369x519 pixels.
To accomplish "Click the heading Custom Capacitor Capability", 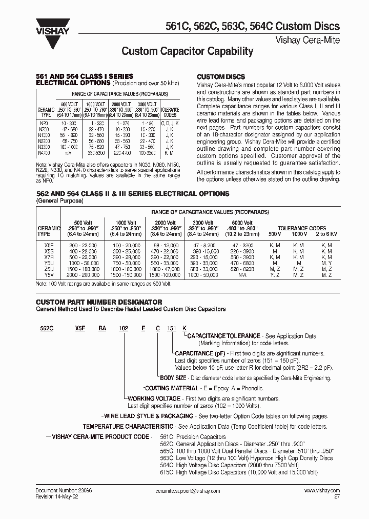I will (187, 51).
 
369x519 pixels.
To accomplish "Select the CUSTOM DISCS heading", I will (221, 76).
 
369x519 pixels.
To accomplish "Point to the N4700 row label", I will (45, 153).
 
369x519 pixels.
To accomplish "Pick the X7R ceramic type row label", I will (49, 257).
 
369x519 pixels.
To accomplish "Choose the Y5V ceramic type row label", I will (49, 275).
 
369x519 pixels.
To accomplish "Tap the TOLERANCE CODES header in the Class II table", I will (302, 228).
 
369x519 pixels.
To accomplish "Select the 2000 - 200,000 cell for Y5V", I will (82, 275).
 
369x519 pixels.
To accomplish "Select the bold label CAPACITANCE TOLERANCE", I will (223, 336).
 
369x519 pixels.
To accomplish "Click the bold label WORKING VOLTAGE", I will (154, 398).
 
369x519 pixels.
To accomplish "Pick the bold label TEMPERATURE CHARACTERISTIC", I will (128, 426).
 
